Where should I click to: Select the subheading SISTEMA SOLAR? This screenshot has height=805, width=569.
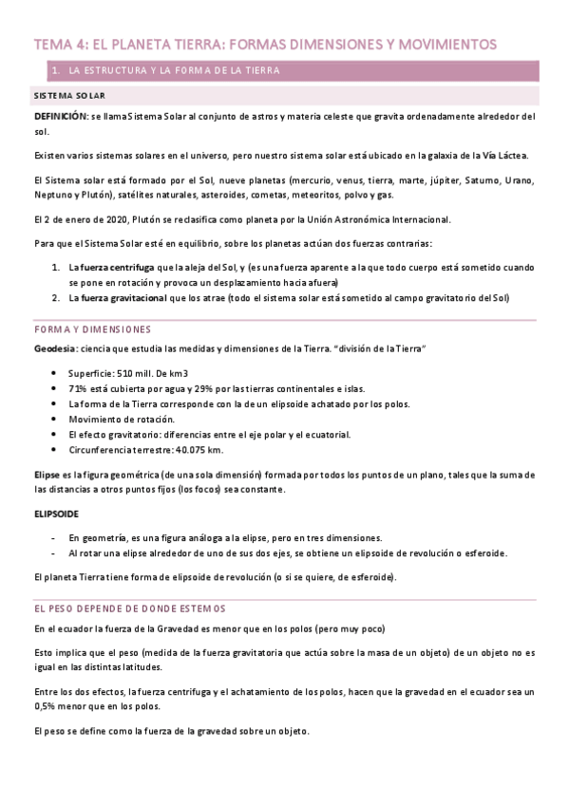tap(69, 97)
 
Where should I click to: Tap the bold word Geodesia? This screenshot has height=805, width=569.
tap(55, 349)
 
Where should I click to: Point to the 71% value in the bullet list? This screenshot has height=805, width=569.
tap(78, 389)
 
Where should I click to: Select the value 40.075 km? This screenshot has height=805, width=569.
tap(201, 449)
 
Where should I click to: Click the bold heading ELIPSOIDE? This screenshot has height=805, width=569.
tap(56, 514)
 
